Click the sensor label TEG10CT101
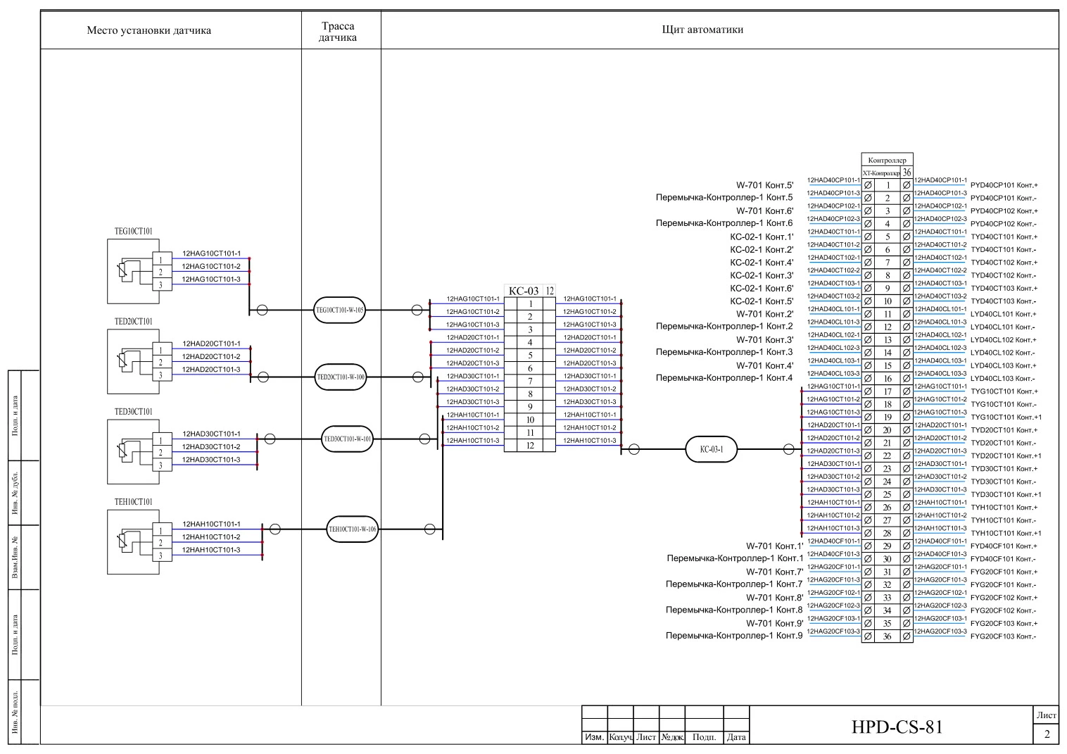[x=134, y=232]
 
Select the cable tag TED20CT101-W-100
[x=341, y=377]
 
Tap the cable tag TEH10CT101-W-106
[x=353, y=529]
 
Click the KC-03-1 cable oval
[x=711, y=449]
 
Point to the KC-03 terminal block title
[x=524, y=291]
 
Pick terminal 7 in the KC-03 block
[x=530, y=382]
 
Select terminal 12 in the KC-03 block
[x=530, y=446]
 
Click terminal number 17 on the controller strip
[x=888, y=391]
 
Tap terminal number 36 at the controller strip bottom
[x=888, y=636]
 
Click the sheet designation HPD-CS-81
[x=897, y=727]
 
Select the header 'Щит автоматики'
[x=702, y=30]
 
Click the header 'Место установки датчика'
[x=149, y=30]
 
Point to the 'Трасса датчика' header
[x=338, y=32]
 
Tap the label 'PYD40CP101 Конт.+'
[x=1004, y=186]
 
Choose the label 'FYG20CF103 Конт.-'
[x=1003, y=636]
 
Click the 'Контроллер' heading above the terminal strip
[x=887, y=160]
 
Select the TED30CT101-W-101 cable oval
[x=347, y=439]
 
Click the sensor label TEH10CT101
[x=134, y=502]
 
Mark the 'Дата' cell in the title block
[x=736, y=737]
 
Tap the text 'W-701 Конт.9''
[x=774, y=623]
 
